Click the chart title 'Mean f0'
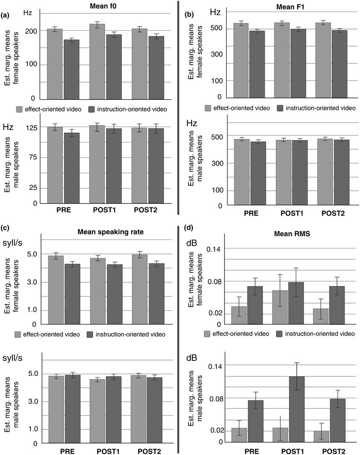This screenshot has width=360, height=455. (x=103, y=6)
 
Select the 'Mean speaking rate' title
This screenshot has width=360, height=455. (x=111, y=232)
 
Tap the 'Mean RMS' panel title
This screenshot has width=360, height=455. (x=292, y=233)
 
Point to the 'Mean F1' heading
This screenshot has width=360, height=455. (x=290, y=7)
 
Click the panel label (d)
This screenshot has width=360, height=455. (x=189, y=227)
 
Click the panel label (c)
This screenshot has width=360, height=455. (x=5, y=227)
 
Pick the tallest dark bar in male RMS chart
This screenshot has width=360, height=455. (x=296, y=409)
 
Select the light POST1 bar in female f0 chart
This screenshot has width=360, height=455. (x=97, y=62)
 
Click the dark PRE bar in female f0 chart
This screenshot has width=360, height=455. (x=72, y=69)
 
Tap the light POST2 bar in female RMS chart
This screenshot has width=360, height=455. (x=321, y=316)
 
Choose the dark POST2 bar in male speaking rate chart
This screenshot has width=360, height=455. (x=155, y=411)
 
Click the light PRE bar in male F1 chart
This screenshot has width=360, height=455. (x=242, y=172)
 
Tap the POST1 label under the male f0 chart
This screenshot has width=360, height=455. (x=104, y=210)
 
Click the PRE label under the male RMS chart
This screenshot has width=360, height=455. (x=252, y=451)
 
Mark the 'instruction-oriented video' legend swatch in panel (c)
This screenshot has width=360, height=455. (x=90, y=334)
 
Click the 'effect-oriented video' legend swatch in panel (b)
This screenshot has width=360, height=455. (x=208, y=108)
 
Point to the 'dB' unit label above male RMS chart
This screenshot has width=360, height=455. (x=192, y=358)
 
